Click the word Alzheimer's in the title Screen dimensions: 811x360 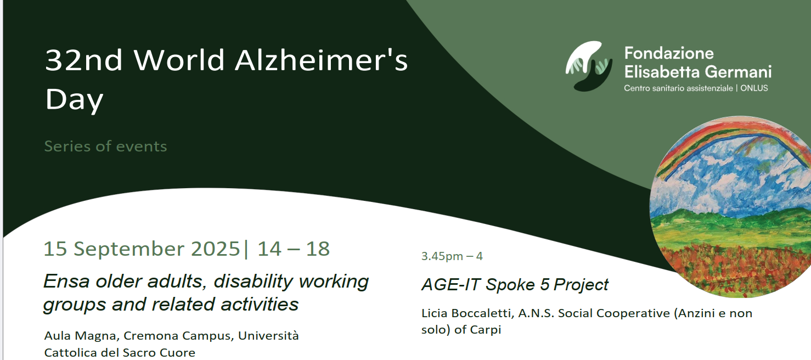tap(322, 60)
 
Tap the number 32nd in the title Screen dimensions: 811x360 tap(84, 60)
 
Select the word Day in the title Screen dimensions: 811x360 tap(74, 99)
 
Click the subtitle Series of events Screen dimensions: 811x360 tap(105, 147)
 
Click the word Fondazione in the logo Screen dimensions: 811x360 tap(669, 53)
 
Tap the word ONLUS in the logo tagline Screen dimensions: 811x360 tap(754, 88)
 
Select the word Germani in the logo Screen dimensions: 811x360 tap(738, 72)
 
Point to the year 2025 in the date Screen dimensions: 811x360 tap(215, 249)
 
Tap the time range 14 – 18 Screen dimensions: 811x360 tap(293, 249)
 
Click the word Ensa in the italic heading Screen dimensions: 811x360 tap(66, 281)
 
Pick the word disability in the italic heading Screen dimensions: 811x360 tap(253, 282)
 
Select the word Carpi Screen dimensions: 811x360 tap(485, 330)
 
